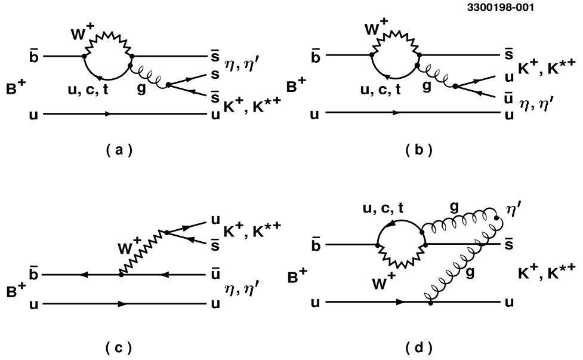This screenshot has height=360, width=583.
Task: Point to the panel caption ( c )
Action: (119, 346)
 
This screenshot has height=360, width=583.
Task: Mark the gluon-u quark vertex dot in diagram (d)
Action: (430, 303)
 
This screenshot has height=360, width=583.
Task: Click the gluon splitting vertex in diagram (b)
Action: (455, 85)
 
